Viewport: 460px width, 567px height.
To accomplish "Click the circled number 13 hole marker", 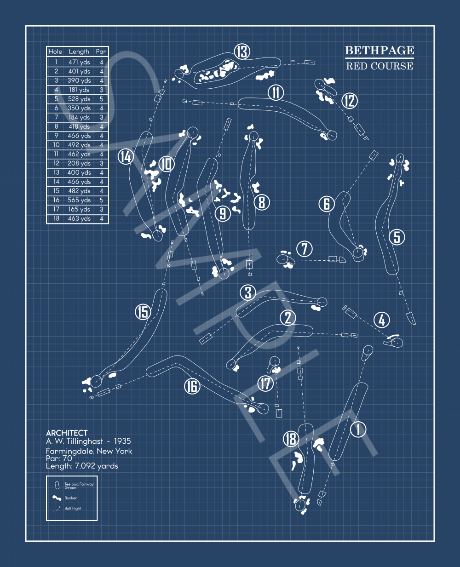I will click(x=242, y=52).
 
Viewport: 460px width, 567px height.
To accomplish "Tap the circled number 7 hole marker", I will click(x=305, y=249).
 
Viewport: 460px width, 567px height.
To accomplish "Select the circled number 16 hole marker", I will click(x=192, y=386).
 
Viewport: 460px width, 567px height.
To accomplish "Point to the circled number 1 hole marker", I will click(x=358, y=430).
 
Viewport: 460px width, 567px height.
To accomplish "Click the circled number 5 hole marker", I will click(x=397, y=237).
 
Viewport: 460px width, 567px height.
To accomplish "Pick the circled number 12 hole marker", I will click(x=350, y=100).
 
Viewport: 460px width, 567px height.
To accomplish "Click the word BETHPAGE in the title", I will click(x=379, y=50).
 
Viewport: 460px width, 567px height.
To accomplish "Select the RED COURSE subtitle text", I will click(x=379, y=66).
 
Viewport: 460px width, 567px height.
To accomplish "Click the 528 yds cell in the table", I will click(x=79, y=99).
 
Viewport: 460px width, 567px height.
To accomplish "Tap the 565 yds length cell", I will click(x=79, y=200).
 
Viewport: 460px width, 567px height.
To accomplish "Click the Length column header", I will click(x=79, y=52).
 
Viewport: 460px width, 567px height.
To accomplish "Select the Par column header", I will click(x=101, y=52).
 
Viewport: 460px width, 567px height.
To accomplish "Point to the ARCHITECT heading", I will click(x=67, y=433).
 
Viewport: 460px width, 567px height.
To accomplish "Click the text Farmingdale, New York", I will click(x=89, y=451).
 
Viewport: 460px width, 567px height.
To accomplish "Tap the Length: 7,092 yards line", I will click(x=82, y=466).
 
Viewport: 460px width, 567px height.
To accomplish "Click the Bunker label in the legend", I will click(x=71, y=498).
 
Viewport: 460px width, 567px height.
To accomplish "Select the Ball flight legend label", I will click(x=73, y=509).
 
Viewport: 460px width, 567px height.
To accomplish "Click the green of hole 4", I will click(x=397, y=342).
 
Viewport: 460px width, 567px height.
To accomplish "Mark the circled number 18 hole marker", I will click(x=291, y=439).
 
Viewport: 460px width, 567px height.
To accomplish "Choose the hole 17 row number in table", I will click(x=56, y=209).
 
